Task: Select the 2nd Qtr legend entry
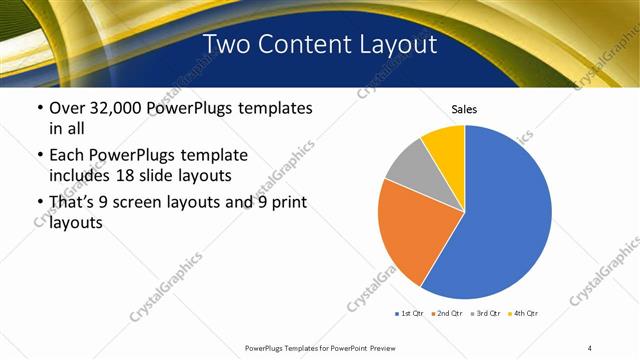448,314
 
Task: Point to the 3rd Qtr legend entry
486,314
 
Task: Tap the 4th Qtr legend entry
525,314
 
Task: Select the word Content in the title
312,44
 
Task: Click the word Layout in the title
401,44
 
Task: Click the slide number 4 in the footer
590,347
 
